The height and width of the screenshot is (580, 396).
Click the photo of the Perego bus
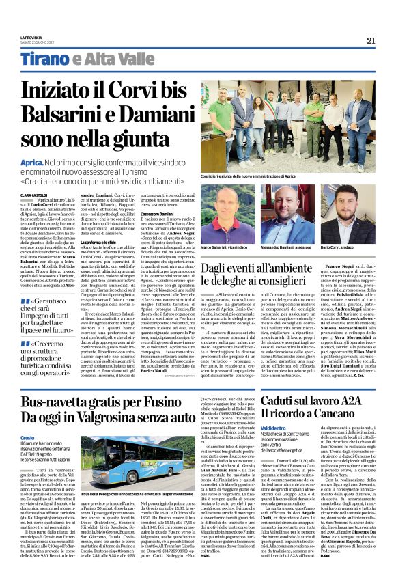pos(119,460)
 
